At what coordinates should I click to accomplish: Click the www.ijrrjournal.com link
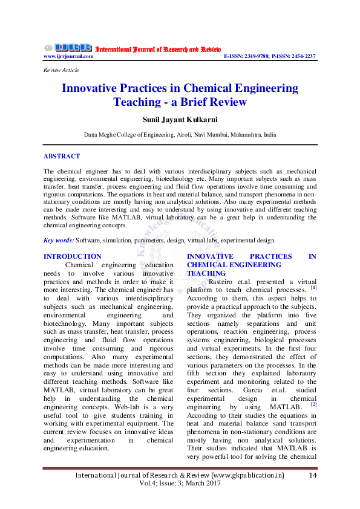click(x=68, y=56)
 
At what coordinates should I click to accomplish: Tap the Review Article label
click(x=61, y=70)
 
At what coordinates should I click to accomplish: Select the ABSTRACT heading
click(x=62, y=156)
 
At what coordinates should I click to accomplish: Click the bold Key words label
click(x=59, y=240)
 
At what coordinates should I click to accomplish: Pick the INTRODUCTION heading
click(x=73, y=256)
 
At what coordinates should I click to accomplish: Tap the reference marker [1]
click(x=313, y=288)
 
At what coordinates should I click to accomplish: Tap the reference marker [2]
click(x=313, y=404)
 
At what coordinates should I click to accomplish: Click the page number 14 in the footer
click(x=313, y=476)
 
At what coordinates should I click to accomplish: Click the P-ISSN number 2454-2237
click(x=301, y=56)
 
